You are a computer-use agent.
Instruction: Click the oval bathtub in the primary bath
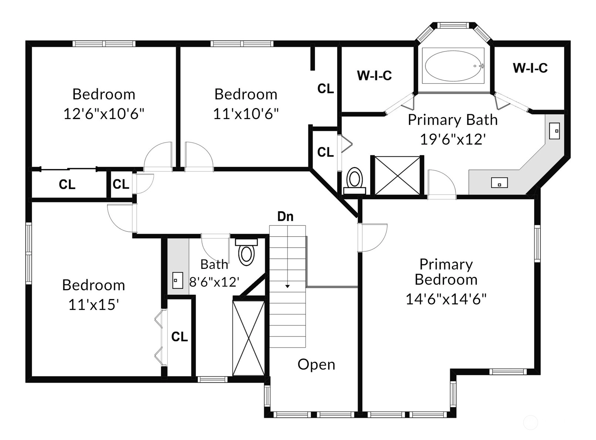pos(453,66)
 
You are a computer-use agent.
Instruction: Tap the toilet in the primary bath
pos(355,180)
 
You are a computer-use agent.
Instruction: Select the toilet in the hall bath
pos(246,252)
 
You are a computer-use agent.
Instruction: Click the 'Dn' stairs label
pos(285,216)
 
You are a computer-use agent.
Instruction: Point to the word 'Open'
pos(316,365)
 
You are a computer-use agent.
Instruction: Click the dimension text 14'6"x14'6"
pos(446,299)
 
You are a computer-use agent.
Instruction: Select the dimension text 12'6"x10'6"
pos(104,114)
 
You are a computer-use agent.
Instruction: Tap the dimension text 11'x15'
pos(94,305)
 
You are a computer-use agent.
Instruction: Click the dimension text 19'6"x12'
pos(453,139)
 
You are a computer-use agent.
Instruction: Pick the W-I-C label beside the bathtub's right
pos(530,68)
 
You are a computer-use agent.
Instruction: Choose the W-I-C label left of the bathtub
pos(374,75)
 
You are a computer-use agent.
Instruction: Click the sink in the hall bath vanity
pos(177,280)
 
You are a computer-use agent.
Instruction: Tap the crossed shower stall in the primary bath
pos(397,175)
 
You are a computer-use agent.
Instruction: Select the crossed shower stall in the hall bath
pos(248,338)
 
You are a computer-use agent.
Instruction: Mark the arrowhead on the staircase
pos(288,286)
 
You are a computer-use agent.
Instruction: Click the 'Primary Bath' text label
pos(453,119)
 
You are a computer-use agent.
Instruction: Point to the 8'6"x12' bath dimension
pos(214,282)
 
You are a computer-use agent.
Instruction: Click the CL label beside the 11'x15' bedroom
pos(179,336)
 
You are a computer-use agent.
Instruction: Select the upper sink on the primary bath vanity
pos(554,131)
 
